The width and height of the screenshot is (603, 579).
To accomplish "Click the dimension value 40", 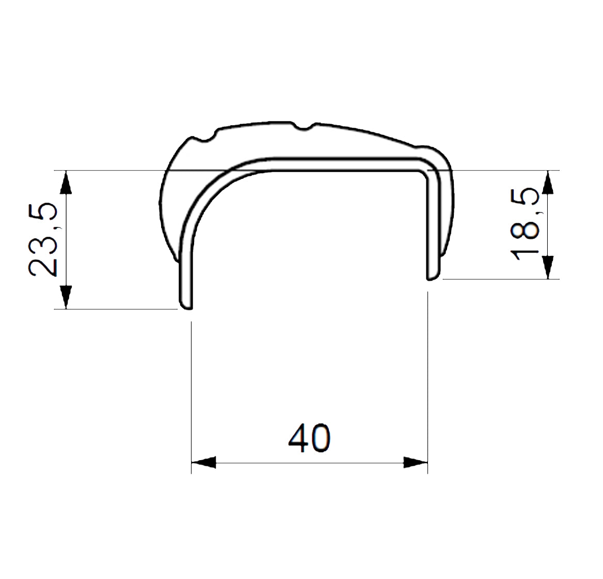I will point(309,438).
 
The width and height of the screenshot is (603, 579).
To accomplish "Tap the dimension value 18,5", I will point(526,224).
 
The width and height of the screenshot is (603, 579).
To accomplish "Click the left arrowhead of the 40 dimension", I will point(203,462).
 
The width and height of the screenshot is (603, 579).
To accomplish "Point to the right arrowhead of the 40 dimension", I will point(416,462).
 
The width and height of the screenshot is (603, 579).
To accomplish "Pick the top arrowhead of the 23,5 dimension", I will point(66,183).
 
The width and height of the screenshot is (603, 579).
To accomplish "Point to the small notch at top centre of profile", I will point(304,127).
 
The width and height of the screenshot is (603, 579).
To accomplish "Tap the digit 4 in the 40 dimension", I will point(298,438).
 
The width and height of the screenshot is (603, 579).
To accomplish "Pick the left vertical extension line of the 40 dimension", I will point(192,393).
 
